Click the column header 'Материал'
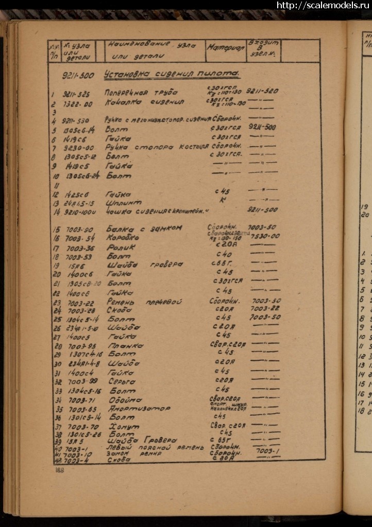point(226,47)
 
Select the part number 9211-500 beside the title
point(78,76)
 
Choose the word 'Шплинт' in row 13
point(123,203)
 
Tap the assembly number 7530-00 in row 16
point(265,236)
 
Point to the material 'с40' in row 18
point(224,254)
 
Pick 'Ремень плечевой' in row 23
point(144,302)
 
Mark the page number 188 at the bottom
point(60,470)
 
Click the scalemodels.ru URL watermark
point(324,6)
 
